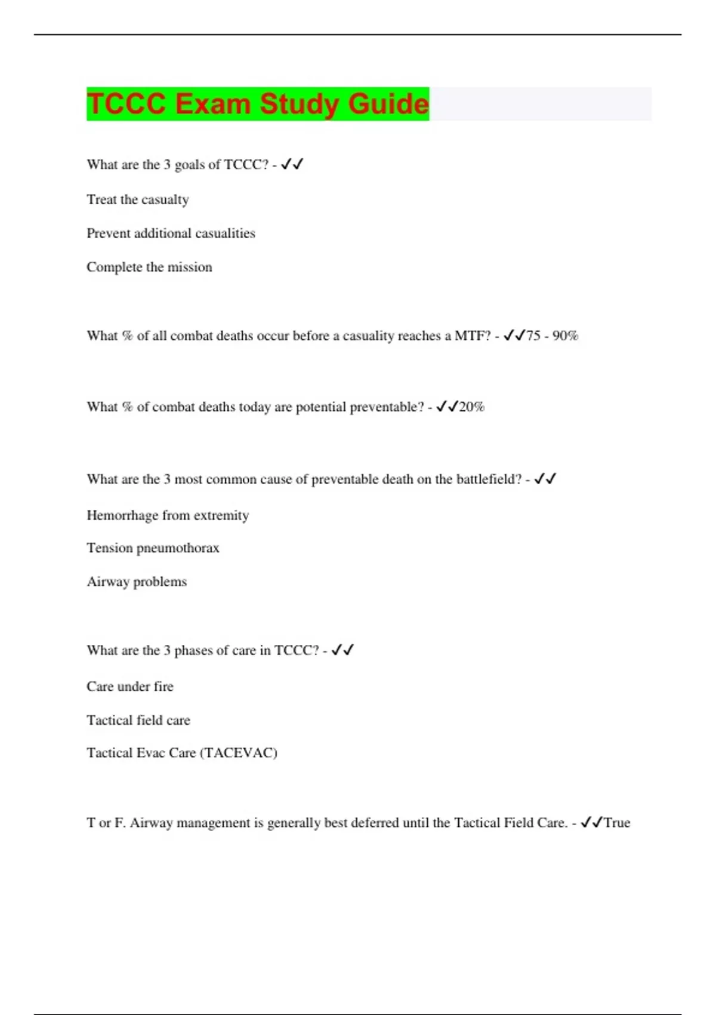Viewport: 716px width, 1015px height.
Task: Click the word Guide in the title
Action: (x=388, y=104)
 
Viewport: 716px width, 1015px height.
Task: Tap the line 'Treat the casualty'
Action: (x=138, y=199)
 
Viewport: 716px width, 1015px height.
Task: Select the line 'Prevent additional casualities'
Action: (x=171, y=233)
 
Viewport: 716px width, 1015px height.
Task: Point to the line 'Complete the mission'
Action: (x=149, y=267)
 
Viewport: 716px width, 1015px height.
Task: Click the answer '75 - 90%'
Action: (x=552, y=336)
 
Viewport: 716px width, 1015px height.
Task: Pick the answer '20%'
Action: (x=472, y=407)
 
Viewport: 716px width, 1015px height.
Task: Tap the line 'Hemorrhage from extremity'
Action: (x=168, y=515)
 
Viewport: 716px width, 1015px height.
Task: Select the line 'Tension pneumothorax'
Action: (x=153, y=548)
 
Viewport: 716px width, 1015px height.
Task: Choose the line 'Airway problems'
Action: (x=137, y=582)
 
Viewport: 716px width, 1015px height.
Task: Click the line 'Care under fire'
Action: (x=130, y=687)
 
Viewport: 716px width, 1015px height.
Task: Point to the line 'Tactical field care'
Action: (x=138, y=720)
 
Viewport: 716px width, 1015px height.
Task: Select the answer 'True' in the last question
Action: (x=617, y=823)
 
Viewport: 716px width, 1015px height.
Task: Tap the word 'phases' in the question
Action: (x=193, y=651)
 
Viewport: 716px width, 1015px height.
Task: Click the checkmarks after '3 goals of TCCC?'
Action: (x=292, y=164)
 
